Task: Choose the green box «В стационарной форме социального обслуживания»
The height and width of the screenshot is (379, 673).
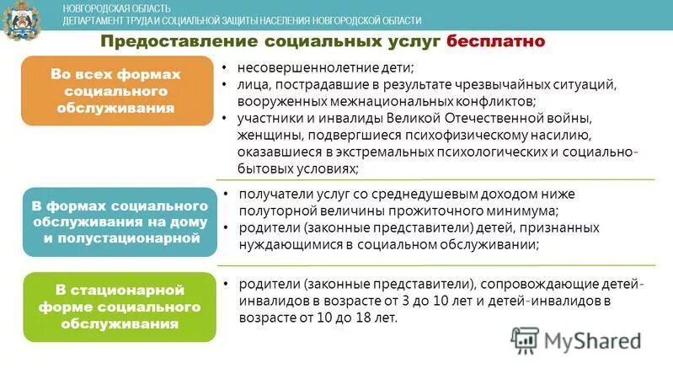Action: [x=120, y=307]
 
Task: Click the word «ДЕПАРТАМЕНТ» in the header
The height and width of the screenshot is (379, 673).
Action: [x=97, y=21]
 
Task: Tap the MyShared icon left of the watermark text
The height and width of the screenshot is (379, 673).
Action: [x=524, y=340]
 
